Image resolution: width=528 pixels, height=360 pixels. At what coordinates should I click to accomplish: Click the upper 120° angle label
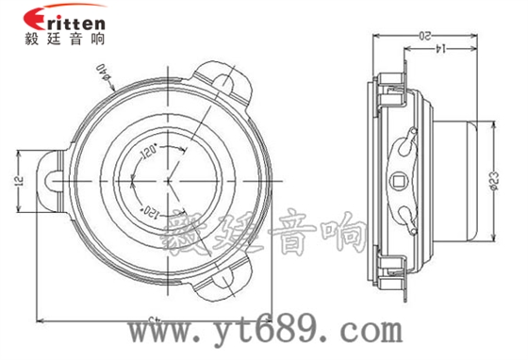tap(148, 150)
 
